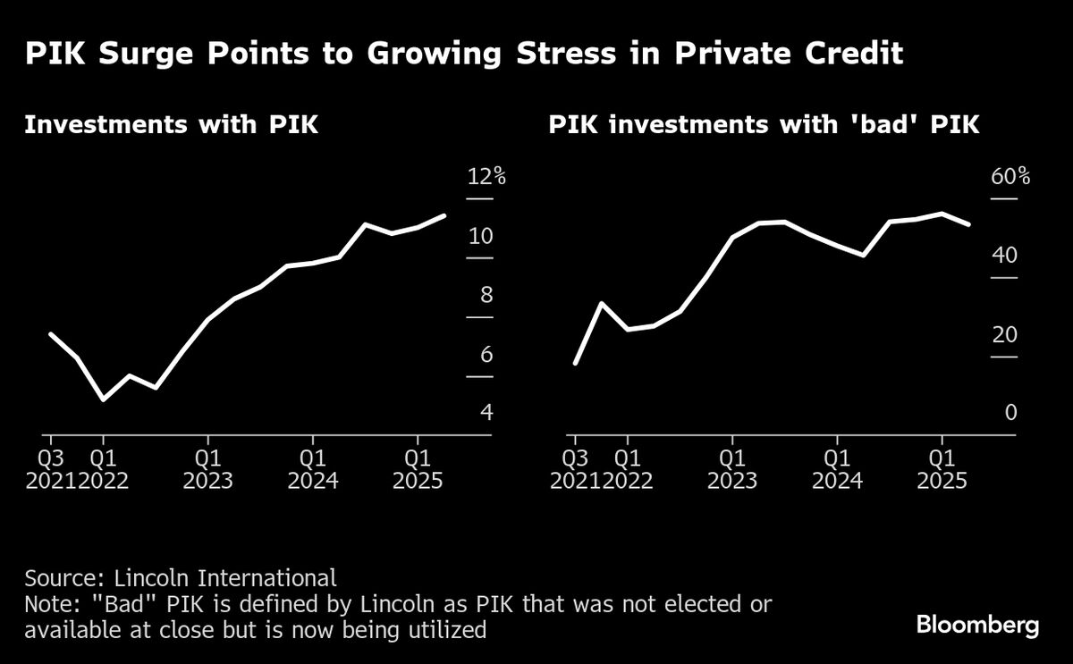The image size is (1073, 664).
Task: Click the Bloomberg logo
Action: coord(978,625)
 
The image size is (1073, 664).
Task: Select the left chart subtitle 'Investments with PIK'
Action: coord(171,124)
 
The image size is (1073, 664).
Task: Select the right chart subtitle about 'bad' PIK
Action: coord(764,124)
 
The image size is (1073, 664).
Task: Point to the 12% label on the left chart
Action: coord(486,176)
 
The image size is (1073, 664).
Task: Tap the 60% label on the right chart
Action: coord(1010,176)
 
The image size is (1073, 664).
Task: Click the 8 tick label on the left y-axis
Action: coord(486,295)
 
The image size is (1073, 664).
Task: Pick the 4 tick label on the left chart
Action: coord(486,413)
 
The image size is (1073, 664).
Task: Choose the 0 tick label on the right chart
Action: coord(1010,413)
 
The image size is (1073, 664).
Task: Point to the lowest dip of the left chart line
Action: coord(104,399)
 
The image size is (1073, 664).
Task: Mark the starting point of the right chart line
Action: coord(575,363)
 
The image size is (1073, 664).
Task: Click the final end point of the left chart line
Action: coord(444,215)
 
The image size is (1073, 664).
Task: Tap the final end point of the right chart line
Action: coord(968,223)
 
